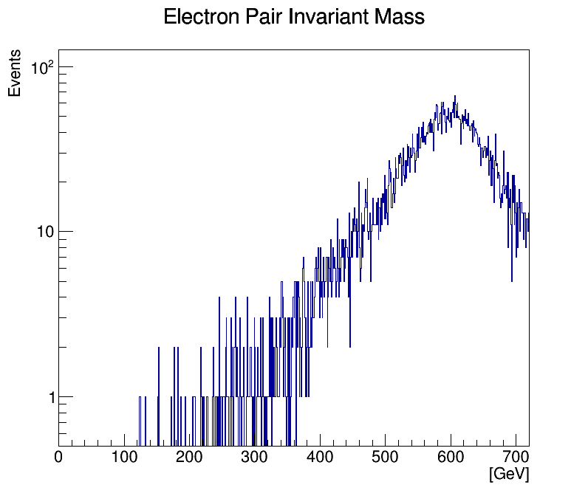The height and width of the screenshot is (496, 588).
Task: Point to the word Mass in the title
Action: click(x=400, y=17)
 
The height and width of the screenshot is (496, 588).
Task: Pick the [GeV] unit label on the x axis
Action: click(x=509, y=474)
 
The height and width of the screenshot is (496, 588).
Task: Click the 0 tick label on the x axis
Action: click(x=59, y=458)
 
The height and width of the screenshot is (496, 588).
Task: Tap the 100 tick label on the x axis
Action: click(x=124, y=458)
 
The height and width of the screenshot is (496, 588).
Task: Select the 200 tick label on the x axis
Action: click(x=190, y=458)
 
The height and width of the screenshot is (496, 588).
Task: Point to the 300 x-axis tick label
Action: click(x=255, y=458)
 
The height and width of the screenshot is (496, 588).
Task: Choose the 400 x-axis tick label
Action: click(x=320, y=458)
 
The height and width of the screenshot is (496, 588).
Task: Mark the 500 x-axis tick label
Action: click(x=386, y=458)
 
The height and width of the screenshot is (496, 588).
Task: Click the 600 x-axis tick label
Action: click(x=451, y=458)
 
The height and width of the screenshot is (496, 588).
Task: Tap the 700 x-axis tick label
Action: click(x=516, y=458)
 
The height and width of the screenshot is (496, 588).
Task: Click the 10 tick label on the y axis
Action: click(x=45, y=232)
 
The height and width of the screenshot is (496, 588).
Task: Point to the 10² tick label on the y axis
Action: click(x=43, y=69)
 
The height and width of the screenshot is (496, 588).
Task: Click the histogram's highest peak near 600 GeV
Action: click(x=455, y=96)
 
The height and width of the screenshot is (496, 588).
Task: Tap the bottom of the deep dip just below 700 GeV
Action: click(x=512, y=280)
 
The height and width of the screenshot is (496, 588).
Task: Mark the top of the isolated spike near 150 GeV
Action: click(x=159, y=348)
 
